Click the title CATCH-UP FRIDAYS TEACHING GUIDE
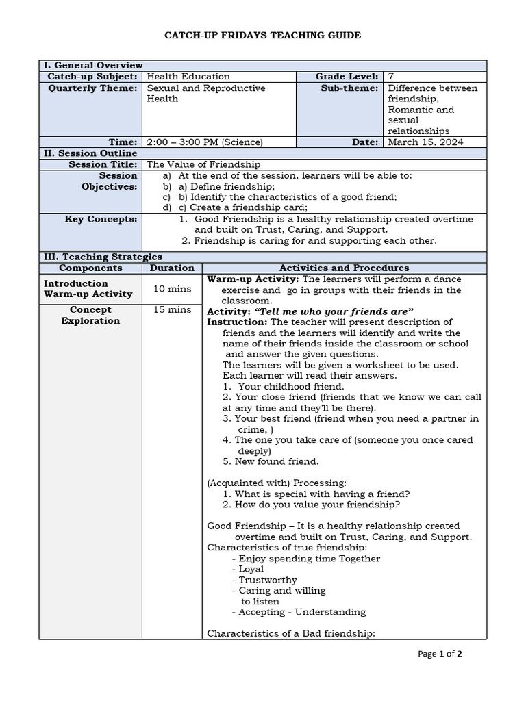click(263, 35)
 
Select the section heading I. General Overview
click(93, 65)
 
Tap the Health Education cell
click(188, 77)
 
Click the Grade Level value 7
click(391, 77)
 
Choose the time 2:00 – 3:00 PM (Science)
click(205, 142)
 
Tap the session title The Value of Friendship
click(203, 164)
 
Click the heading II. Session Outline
click(90, 153)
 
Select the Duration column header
click(172, 268)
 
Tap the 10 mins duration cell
click(172, 289)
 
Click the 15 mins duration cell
click(172, 309)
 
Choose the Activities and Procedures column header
click(344, 268)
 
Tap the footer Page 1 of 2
click(440, 654)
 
